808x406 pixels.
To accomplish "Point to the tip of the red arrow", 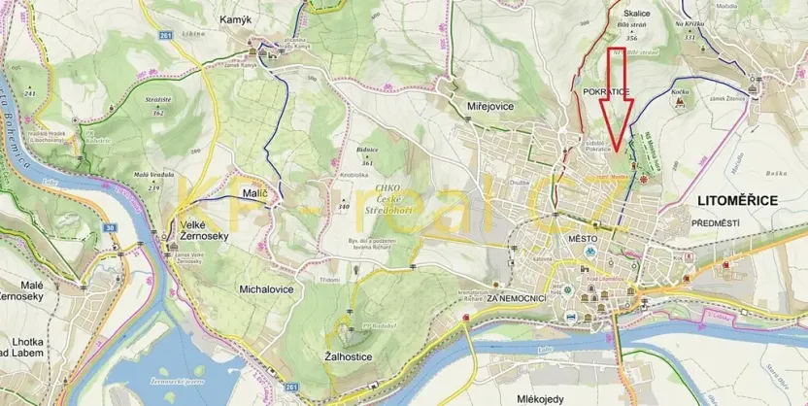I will point(614,155).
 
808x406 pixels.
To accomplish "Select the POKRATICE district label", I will point(607,91).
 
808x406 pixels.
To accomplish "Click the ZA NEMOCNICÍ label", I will point(520,297).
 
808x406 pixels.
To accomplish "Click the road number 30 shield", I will point(111,227).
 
